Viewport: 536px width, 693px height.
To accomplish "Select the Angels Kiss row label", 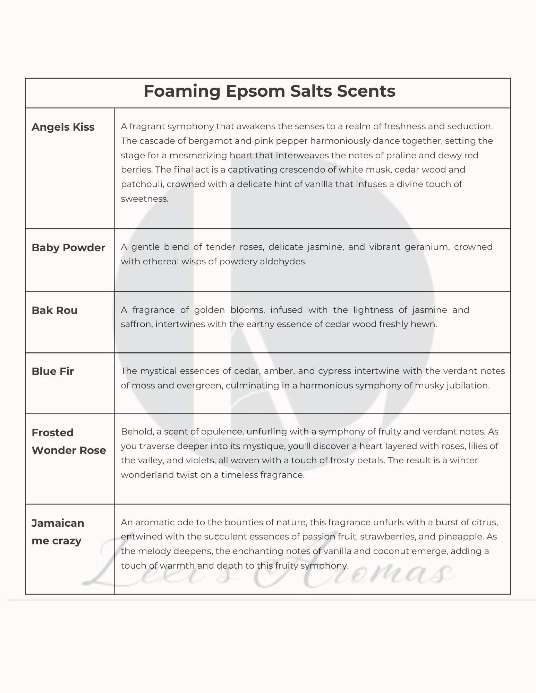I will [x=63, y=127].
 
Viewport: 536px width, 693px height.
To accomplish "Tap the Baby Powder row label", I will [x=68, y=248].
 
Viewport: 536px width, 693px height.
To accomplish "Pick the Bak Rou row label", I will [x=54, y=310].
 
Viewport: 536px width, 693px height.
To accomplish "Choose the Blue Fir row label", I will [x=53, y=371].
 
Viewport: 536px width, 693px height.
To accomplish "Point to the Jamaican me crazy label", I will [x=58, y=532].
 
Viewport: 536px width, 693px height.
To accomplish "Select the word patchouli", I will [x=142, y=184].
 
